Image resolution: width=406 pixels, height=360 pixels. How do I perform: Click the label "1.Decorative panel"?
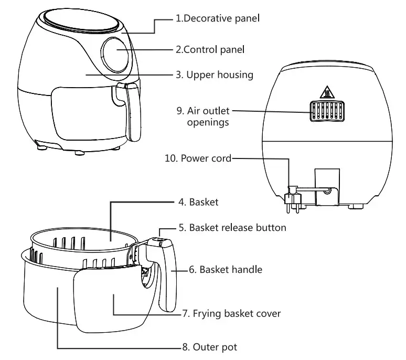click(x=218, y=19)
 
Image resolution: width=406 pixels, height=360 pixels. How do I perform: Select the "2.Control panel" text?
click(x=210, y=50)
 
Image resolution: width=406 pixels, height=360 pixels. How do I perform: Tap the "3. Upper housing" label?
click(x=214, y=75)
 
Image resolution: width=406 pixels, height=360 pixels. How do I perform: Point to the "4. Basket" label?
click(x=204, y=202)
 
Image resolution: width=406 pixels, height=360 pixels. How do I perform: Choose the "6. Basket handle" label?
click(x=225, y=270)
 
